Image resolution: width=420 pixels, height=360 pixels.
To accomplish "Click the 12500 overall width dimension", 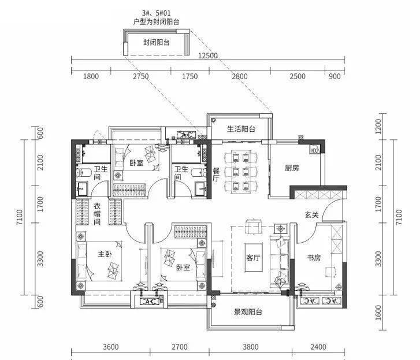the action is pyautogui.click(x=208, y=55).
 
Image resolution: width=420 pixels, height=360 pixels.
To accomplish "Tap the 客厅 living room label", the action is pyautogui.click(x=253, y=258).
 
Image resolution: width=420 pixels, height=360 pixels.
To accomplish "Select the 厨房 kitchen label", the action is pyautogui.click(x=292, y=168).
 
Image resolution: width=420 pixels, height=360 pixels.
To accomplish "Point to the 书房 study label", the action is pyautogui.click(x=314, y=258).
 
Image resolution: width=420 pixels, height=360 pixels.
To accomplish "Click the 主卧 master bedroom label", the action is pyautogui.click(x=105, y=254).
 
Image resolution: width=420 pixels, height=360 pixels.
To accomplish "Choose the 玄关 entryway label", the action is pyautogui.click(x=311, y=214).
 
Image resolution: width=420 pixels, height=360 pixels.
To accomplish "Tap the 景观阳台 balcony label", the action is pyautogui.click(x=248, y=312).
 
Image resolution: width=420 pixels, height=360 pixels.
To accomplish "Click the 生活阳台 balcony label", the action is pyautogui.click(x=241, y=129).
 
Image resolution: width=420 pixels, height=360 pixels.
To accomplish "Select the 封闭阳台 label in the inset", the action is pyautogui.click(x=157, y=42).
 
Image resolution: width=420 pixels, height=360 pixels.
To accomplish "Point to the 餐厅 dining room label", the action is pyautogui.click(x=216, y=175).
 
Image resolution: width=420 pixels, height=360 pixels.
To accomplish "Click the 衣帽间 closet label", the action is pyautogui.click(x=97, y=214).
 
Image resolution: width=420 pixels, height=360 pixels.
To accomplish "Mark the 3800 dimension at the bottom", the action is pyautogui.click(x=251, y=347).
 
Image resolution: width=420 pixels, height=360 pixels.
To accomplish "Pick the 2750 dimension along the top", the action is pyautogui.click(x=141, y=76).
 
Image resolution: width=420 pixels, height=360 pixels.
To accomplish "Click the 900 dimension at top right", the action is pyautogui.click(x=334, y=76).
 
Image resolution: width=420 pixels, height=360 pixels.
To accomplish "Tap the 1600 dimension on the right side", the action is pyautogui.click(x=378, y=313).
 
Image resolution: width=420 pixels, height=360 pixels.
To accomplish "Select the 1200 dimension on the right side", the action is pyautogui.click(x=378, y=127).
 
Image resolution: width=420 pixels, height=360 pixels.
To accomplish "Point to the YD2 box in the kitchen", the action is pyautogui.click(x=315, y=151).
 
